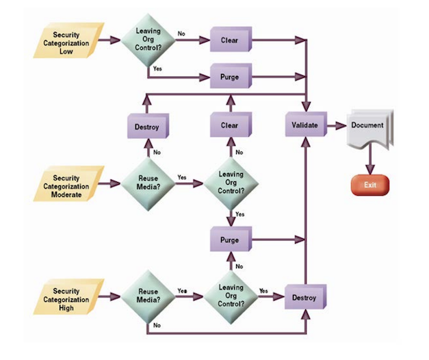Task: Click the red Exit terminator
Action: [369, 185]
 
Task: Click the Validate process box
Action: [304, 126]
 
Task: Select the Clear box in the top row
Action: [230, 40]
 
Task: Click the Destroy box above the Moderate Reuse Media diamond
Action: [147, 127]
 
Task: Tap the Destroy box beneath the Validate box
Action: [304, 298]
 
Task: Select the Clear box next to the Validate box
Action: [230, 126]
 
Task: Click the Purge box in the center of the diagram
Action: [230, 240]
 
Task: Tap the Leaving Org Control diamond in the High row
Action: [230, 295]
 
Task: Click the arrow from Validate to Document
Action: [335, 126]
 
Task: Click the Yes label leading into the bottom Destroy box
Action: [263, 290]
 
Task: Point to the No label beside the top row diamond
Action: [181, 32]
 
